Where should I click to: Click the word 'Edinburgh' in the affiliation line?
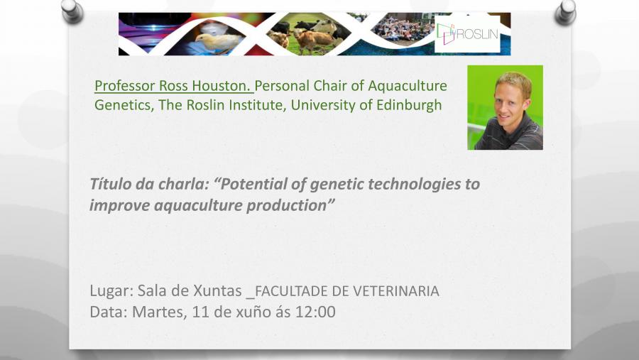tap(407, 105)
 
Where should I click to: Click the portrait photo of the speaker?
tap(505, 107)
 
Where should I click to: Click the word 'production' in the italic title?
tap(290, 206)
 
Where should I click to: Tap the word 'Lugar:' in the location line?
tap(111, 290)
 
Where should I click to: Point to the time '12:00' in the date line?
tap(317, 311)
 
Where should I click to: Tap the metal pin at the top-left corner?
tap(72, 10)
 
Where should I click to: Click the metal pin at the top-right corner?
tap(566, 10)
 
